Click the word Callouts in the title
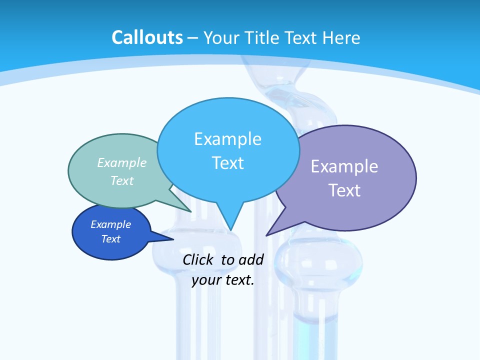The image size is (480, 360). point(147,37)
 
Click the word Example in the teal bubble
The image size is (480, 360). point(122,162)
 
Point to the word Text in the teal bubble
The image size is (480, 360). point(122,180)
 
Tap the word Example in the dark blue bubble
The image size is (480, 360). point(110,224)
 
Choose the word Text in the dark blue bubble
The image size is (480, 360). point(110,239)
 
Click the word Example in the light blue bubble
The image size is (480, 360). point(227,139)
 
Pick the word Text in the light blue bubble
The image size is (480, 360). point(227,163)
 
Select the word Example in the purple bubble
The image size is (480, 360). point(344,166)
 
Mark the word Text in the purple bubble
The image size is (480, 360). point(344,190)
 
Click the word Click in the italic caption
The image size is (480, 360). point(199,259)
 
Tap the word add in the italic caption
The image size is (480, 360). point(250,259)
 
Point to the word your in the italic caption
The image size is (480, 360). point(205,280)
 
